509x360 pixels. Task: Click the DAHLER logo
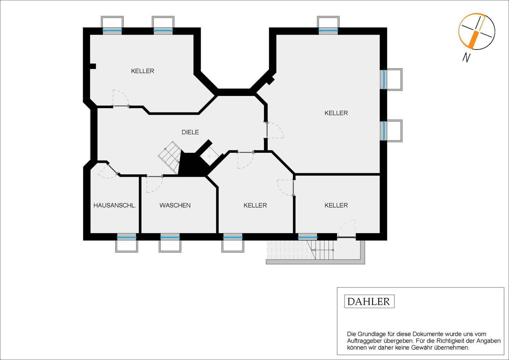point(369,302)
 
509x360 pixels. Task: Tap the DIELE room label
point(190,132)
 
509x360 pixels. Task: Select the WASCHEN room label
point(175,205)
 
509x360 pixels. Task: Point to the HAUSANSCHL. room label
point(115,205)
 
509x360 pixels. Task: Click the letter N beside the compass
point(467,58)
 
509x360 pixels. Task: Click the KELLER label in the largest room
point(336,113)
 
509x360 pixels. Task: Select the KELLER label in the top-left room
point(142,71)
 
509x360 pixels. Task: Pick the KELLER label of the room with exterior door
point(336,205)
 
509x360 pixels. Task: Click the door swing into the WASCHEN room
point(154,184)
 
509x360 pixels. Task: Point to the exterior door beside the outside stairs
point(346,229)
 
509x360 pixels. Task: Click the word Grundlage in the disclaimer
point(370,334)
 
